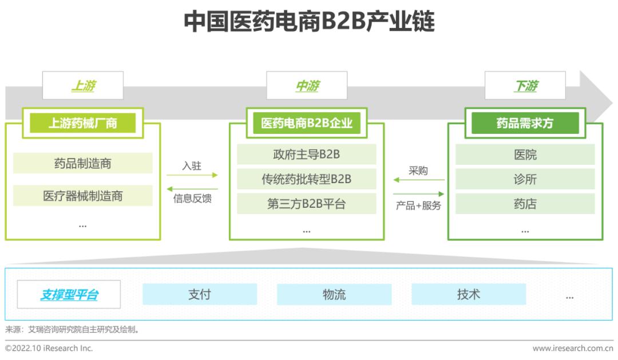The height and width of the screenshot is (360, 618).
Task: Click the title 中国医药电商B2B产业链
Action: tap(309, 22)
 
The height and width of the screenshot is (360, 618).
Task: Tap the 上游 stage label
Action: tap(83, 86)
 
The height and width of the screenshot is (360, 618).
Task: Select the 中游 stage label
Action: tap(307, 86)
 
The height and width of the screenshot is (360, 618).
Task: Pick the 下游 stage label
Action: tap(525, 86)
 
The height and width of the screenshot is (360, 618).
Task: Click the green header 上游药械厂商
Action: tap(83, 123)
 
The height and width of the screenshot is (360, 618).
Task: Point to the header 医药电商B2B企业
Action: tap(307, 123)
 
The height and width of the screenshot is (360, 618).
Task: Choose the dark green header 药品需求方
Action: tap(525, 123)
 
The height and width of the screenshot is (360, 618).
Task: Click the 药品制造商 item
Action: tap(83, 164)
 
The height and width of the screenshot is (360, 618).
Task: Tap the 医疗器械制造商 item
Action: tap(83, 196)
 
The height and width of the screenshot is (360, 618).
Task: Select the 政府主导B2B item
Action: tap(307, 155)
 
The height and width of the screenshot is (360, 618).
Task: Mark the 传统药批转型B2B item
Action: tap(307, 179)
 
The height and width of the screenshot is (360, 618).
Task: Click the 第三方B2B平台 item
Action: tap(307, 204)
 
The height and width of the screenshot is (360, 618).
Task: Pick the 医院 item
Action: tap(525, 155)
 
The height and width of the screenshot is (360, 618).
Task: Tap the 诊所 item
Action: tap(525, 179)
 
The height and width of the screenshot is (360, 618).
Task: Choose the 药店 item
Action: tap(525, 204)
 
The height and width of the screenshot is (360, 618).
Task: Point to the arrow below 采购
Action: tap(418, 180)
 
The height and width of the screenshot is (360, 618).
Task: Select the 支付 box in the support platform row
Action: tap(200, 294)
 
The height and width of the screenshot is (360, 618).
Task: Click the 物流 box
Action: tap(334, 294)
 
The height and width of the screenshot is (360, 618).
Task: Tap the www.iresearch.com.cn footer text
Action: tap(572, 348)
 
